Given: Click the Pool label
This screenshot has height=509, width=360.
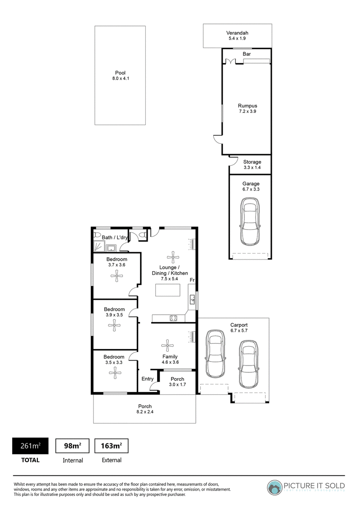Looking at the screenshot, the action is [x=120, y=73].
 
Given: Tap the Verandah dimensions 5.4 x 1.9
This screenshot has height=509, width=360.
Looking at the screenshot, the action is [x=237, y=38].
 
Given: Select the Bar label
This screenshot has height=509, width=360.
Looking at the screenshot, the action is [x=247, y=54].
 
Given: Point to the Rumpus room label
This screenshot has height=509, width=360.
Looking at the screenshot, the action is [x=247, y=106].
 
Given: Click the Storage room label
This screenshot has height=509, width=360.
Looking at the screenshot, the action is [x=252, y=162].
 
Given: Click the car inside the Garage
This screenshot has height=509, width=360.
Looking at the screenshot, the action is [x=250, y=222].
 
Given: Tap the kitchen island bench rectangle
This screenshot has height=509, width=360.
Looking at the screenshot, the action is [x=168, y=290].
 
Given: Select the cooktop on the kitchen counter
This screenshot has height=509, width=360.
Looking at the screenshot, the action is [x=174, y=318].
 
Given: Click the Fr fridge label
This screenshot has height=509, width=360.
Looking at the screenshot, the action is [x=192, y=280].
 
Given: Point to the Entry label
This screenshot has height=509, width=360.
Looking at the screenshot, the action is [x=148, y=379].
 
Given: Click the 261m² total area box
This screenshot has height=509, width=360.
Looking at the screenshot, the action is [x=30, y=446].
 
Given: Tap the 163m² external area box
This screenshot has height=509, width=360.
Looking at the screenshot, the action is [x=112, y=446].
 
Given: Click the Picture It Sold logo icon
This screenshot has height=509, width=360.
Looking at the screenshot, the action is [x=274, y=487].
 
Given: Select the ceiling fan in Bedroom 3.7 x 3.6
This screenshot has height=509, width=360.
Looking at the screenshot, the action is [x=117, y=277].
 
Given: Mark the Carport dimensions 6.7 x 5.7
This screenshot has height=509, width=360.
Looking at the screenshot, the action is [x=239, y=330].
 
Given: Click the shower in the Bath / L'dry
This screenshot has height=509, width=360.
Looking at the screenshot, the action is [x=99, y=247].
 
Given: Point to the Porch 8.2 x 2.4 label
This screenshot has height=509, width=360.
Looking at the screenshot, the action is [x=145, y=409].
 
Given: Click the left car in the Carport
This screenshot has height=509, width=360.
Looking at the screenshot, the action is [x=215, y=354].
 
